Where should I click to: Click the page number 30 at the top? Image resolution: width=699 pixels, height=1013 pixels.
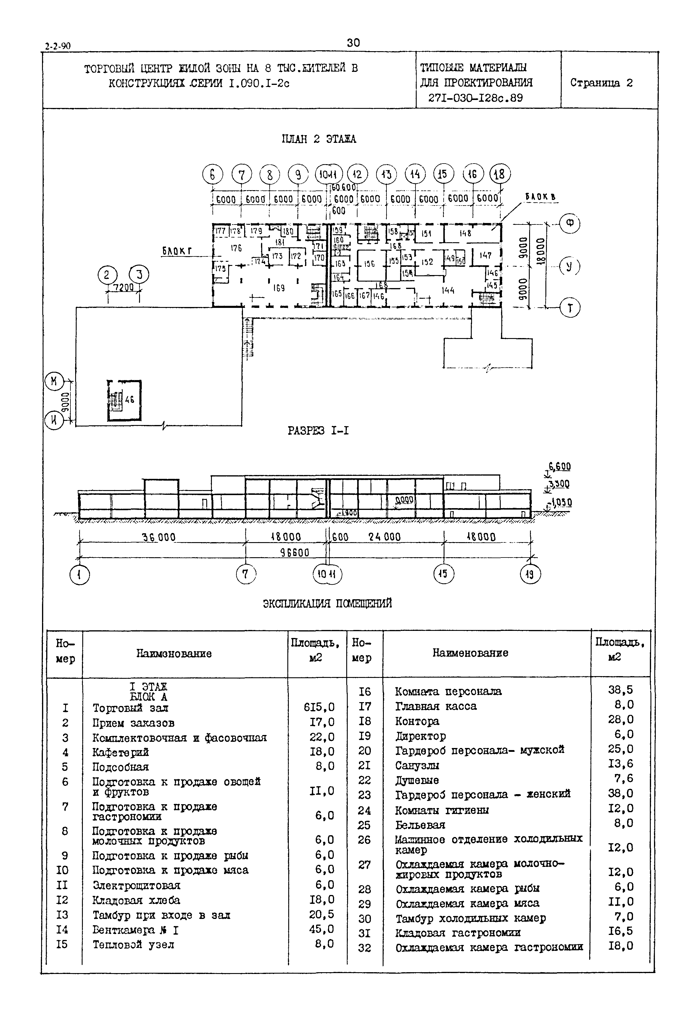(x=353, y=43)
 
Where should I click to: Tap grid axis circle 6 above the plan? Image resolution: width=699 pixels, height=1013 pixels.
(x=212, y=175)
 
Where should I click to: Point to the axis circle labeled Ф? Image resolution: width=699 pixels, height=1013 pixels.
(x=570, y=224)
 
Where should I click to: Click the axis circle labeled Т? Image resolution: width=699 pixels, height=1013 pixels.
(x=570, y=308)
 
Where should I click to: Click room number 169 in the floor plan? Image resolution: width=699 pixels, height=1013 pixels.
(x=278, y=288)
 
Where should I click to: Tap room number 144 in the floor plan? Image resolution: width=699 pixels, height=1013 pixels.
(x=448, y=290)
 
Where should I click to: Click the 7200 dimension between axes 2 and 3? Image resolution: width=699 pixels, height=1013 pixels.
(x=123, y=287)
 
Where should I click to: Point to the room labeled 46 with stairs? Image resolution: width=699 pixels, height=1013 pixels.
(x=129, y=399)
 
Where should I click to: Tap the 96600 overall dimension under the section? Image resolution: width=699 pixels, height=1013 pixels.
(x=294, y=553)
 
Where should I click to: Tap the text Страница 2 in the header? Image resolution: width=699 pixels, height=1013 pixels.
(x=601, y=83)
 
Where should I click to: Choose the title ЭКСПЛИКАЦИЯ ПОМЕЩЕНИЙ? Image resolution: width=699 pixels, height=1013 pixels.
(x=327, y=604)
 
